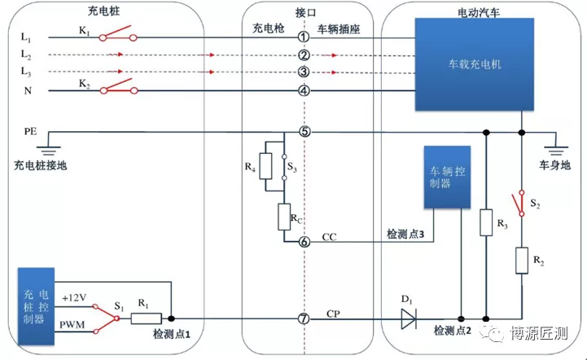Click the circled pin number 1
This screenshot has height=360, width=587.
pos(304,37)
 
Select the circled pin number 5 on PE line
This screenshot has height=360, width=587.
pos(304,131)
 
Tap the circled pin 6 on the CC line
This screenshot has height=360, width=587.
pos(304,242)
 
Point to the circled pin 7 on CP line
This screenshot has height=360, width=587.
pos(304,318)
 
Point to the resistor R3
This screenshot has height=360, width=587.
pos(485,223)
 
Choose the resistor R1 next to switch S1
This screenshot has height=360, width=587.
pos(148,318)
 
